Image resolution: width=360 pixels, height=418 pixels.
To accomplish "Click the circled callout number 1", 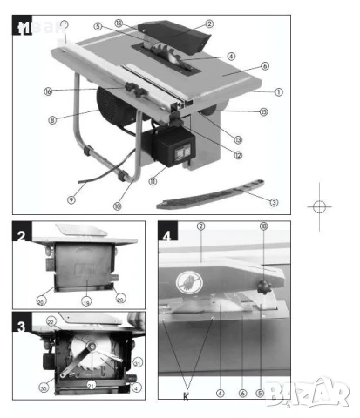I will pyautogui.click(x=278, y=91).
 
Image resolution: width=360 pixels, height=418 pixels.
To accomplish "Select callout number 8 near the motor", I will pyautogui.click(x=52, y=120).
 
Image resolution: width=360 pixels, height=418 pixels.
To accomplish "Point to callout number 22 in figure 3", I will pyautogui.click(x=51, y=321).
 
